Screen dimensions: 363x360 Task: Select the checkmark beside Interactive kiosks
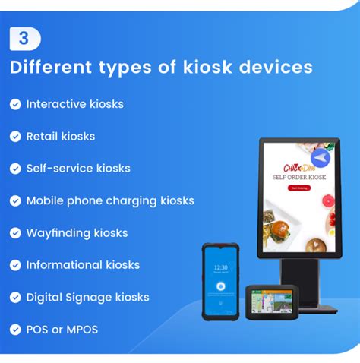15,104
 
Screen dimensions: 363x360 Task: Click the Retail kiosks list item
61,136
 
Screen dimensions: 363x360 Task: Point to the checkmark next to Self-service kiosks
15,169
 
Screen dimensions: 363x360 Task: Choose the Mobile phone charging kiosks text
110,200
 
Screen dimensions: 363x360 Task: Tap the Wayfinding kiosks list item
77,232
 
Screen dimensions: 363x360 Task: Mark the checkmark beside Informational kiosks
15,265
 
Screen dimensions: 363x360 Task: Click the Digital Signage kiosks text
87,297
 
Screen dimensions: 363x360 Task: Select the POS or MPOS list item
62,330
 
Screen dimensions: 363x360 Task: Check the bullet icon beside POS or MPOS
15,330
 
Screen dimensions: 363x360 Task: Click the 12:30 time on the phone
221,267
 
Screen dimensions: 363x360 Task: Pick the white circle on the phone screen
221,287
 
